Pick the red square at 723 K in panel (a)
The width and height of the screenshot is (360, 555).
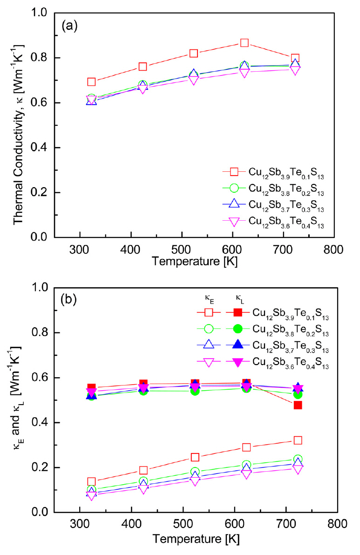pos(295,58)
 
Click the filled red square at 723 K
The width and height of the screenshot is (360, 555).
pos(298,405)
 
